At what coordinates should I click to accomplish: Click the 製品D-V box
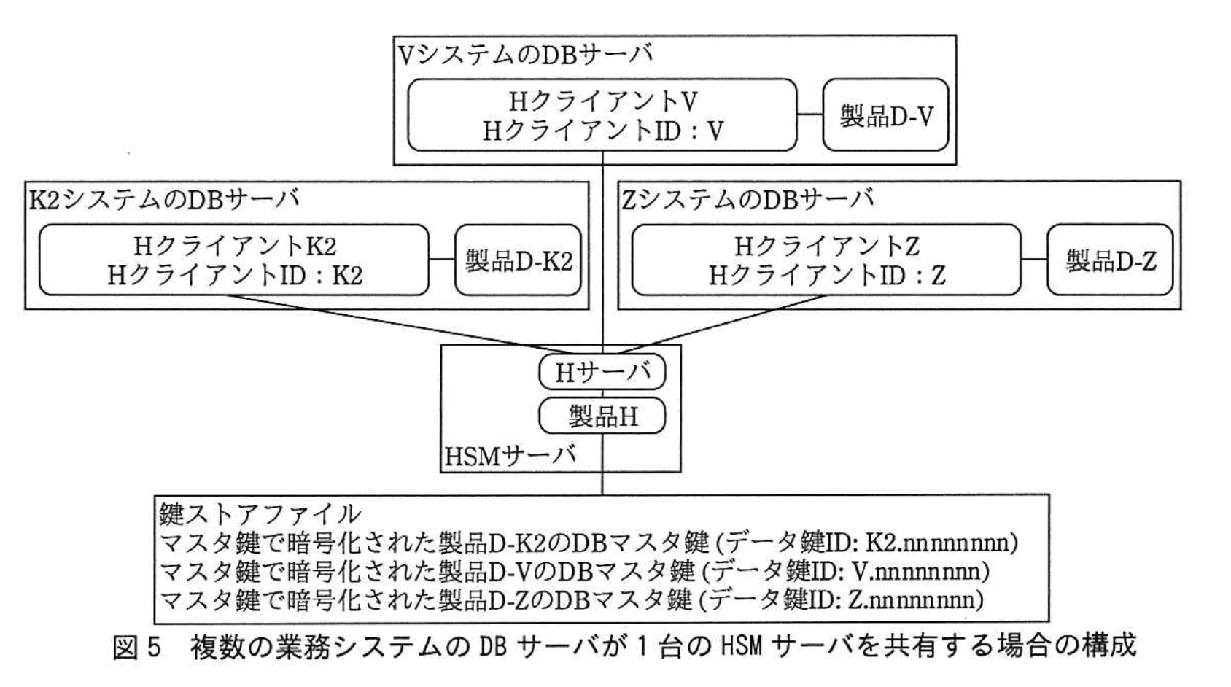(x=885, y=115)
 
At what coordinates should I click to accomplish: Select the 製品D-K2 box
(x=518, y=260)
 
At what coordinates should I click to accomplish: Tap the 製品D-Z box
(x=1110, y=260)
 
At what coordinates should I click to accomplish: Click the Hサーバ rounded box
(x=602, y=373)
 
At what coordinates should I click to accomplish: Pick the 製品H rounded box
(x=602, y=416)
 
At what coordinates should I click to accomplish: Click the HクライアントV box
(x=602, y=115)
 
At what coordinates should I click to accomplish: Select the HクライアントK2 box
(x=233, y=260)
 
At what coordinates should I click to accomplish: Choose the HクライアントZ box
(x=826, y=260)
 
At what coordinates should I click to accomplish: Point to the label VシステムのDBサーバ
(x=525, y=54)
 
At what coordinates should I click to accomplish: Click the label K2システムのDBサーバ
(x=163, y=198)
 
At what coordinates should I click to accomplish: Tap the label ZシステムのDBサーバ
(x=747, y=198)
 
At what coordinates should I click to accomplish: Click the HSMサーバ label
(x=510, y=457)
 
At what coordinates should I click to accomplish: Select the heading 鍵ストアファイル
(x=260, y=514)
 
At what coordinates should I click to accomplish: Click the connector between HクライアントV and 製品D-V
(x=809, y=115)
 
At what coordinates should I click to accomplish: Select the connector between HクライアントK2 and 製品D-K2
(x=442, y=260)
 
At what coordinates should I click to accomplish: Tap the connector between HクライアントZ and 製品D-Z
(x=1034, y=260)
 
